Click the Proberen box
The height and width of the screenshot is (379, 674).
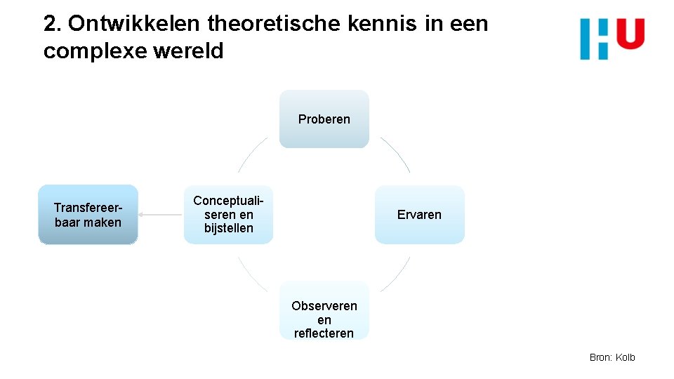(x=324, y=119)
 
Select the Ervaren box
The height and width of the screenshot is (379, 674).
(x=419, y=215)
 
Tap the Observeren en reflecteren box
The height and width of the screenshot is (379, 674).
(x=324, y=311)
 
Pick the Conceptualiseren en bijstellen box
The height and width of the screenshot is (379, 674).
(x=228, y=215)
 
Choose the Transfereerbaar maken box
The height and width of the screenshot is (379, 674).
(x=88, y=215)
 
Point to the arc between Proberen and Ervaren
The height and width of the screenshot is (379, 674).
(x=397, y=154)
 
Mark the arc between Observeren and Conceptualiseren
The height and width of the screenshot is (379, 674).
(x=251, y=274)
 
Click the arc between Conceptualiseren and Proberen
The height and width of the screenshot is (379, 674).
(x=251, y=154)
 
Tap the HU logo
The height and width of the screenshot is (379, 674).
(x=612, y=39)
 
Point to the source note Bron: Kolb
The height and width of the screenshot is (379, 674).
(x=612, y=357)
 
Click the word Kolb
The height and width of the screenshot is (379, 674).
(x=625, y=357)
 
